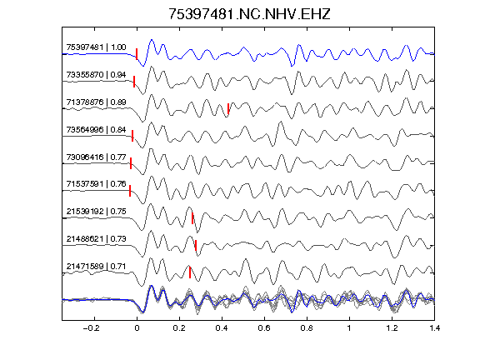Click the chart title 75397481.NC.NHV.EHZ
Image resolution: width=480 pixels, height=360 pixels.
tap(249, 14)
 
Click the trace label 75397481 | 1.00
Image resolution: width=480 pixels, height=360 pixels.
tap(96, 47)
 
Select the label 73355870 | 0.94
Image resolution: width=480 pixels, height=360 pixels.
tap(96, 75)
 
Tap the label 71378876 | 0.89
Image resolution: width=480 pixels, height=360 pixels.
tap(96, 102)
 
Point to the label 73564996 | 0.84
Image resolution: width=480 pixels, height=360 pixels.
tap(96, 130)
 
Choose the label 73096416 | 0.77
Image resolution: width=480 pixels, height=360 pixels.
tap(96, 157)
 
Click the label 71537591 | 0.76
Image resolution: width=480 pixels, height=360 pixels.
tap(96, 184)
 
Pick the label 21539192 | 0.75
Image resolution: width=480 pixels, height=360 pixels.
tap(96, 212)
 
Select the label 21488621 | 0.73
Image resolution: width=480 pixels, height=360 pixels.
tap(96, 239)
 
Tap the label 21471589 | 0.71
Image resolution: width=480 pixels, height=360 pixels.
tap(96, 267)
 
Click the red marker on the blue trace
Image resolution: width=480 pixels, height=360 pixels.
tap(137, 54)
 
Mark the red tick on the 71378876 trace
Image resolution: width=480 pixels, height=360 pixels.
tap(228, 108)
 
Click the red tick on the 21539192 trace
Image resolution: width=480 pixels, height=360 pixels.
tap(192, 218)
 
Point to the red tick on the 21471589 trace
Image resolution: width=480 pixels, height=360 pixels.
tap(190, 272)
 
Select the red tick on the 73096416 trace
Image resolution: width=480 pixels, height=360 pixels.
tap(131, 163)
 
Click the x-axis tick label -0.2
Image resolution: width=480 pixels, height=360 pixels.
tap(92, 328)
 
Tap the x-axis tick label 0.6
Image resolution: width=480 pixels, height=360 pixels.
tap(264, 328)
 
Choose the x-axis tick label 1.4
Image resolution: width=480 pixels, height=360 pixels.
tap(434, 328)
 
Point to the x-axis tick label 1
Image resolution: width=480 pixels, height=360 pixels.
tap(349, 328)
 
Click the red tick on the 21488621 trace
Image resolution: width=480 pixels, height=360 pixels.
tap(196, 246)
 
